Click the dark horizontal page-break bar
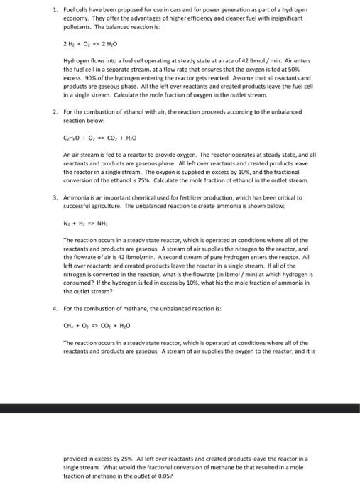pos(180,409)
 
